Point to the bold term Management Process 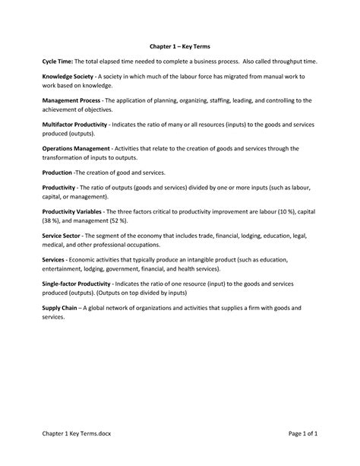[x=73, y=100]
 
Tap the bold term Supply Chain [x=61, y=309]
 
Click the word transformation [x=68, y=158]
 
